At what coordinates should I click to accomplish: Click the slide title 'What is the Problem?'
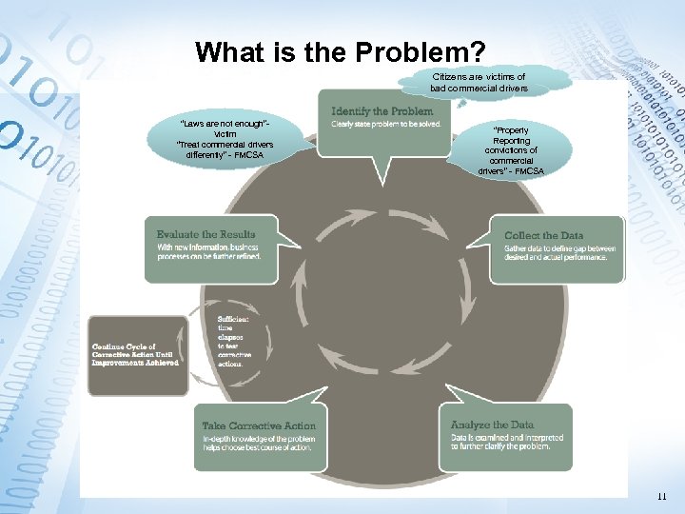click(342, 51)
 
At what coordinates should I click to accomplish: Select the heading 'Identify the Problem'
click(382, 111)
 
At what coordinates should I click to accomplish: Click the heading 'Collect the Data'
click(543, 235)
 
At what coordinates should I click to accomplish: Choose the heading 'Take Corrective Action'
click(259, 425)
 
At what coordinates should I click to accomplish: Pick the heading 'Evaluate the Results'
click(206, 234)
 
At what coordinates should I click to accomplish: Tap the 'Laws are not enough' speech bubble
click(225, 139)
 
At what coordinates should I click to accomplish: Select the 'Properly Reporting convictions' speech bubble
click(511, 150)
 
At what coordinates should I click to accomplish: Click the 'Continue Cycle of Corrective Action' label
click(134, 354)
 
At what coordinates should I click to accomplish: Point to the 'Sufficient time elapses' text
click(235, 341)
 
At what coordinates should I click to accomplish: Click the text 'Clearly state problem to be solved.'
click(386, 125)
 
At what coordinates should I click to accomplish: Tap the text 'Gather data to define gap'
click(559, 253)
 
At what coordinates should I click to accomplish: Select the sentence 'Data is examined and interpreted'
click(507, 442)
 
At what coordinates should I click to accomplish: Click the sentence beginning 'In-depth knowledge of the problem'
click(259, 443)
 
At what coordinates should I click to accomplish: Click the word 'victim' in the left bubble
click(225, 134)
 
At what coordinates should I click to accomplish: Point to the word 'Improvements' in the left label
click(115, 363)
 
